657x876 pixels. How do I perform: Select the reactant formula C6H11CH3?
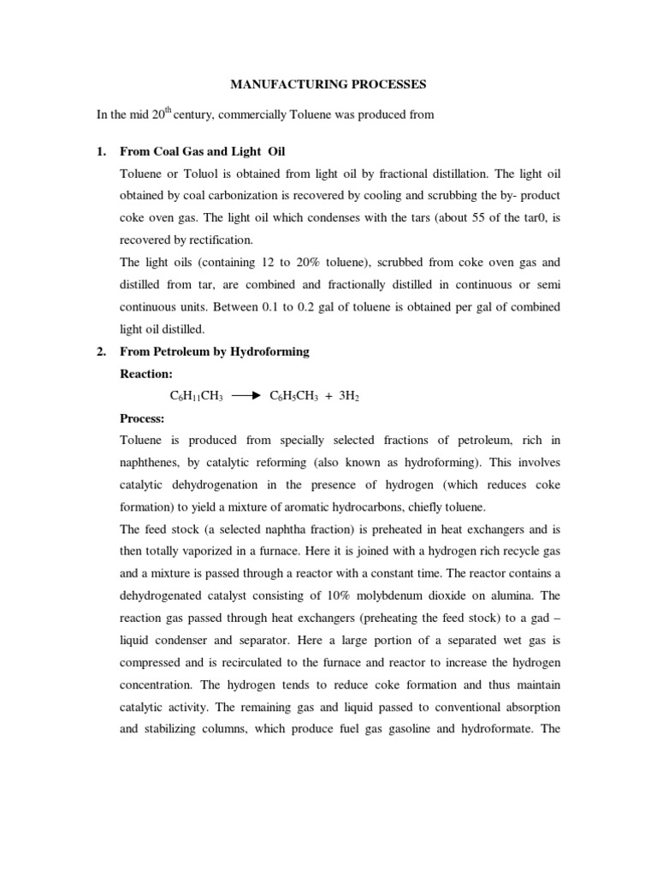pyautogui.click(x=197, y=397)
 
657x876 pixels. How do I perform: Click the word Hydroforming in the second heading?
pyautogui.click(x=269, y=352)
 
